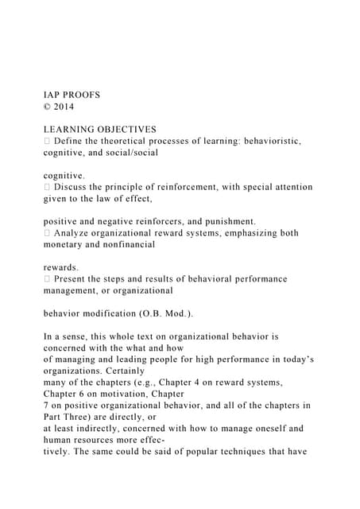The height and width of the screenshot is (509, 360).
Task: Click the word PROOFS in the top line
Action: click(82, 95)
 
